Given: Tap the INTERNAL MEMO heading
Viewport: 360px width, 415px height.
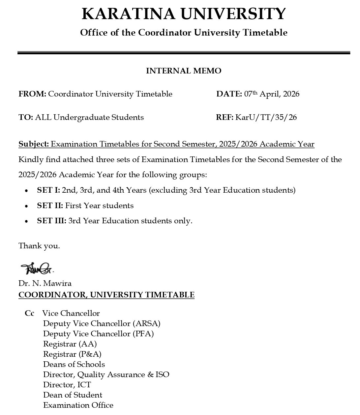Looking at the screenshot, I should (x=184, y=71).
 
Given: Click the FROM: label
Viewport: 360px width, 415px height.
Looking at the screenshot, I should (x=32, y=94).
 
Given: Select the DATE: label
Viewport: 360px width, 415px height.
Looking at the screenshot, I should (x=229, y=94).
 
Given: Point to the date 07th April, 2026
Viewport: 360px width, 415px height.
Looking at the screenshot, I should (x=272, y=94).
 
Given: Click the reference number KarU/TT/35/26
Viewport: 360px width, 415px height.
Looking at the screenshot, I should (x=266, y=118).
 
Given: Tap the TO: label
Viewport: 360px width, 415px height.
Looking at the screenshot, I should (x=26, y=118).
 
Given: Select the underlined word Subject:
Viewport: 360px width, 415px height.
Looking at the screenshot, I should (x=34, y=144).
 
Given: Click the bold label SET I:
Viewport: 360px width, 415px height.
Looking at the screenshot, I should (x=48, y=190).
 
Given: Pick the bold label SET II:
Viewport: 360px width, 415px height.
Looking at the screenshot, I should (x=50, y=206).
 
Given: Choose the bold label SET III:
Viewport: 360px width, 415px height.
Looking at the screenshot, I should (x=51, y=221).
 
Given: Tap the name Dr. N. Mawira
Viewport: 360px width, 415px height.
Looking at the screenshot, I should (x=45, y=284).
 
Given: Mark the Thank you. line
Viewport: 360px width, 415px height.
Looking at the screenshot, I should (x=39, y=246).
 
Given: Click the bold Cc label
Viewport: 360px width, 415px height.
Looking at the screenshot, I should (x=29, y=313).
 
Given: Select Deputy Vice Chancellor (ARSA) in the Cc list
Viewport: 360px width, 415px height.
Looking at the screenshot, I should (x=102, y=323).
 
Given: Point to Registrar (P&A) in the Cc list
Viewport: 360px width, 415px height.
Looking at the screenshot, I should (x=72, y=354).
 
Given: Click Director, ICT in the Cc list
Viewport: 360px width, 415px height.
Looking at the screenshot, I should (x=67, y=385).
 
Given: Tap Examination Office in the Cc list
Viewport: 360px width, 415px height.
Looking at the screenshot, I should (x=78, y=405).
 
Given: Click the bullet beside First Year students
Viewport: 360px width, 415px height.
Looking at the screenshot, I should (x=26, y=206).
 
